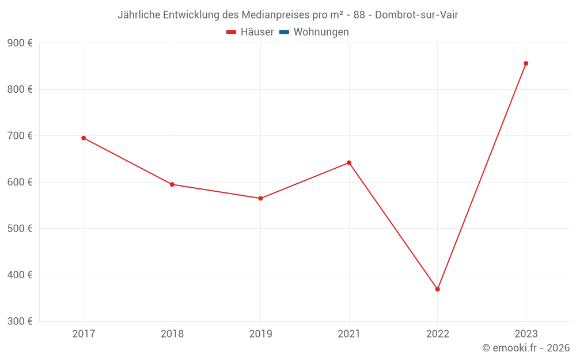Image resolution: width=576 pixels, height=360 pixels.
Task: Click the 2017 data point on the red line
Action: click(84, 138)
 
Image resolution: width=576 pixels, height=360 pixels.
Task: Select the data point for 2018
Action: click(172, 184)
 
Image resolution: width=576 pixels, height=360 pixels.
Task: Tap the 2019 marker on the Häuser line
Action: click(260, 198)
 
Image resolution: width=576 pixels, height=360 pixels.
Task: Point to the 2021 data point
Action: click(349, 162)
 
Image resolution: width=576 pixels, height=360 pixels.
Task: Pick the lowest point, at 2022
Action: click(437, 289)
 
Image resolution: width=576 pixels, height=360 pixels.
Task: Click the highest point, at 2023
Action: click(526, 63)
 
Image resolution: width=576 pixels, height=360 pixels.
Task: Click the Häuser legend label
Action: click(257, 32)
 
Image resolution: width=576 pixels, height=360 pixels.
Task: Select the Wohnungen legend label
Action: click(321, 32)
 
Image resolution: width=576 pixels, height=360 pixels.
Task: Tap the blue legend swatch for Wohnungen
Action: click(284, 32)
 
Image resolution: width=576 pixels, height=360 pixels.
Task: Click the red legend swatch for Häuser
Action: click(232, 32)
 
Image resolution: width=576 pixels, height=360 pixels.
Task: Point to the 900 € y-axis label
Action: click(20, 43)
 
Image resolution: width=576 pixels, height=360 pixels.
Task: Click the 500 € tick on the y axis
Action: click(20, 229)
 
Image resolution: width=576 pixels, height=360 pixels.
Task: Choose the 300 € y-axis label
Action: click(20, 321)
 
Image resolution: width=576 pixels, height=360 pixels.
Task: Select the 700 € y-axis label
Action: click(20, 136)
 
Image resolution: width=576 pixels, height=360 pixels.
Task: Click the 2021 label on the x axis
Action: click(349, 334)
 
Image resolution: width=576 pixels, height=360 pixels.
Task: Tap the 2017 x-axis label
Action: click(84, 334)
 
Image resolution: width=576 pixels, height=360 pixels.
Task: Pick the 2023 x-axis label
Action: click(526, 334)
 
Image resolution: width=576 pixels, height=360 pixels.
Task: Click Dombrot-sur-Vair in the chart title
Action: click(416, 15)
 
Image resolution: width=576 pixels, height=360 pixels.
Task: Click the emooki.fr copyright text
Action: click(526, 348)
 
